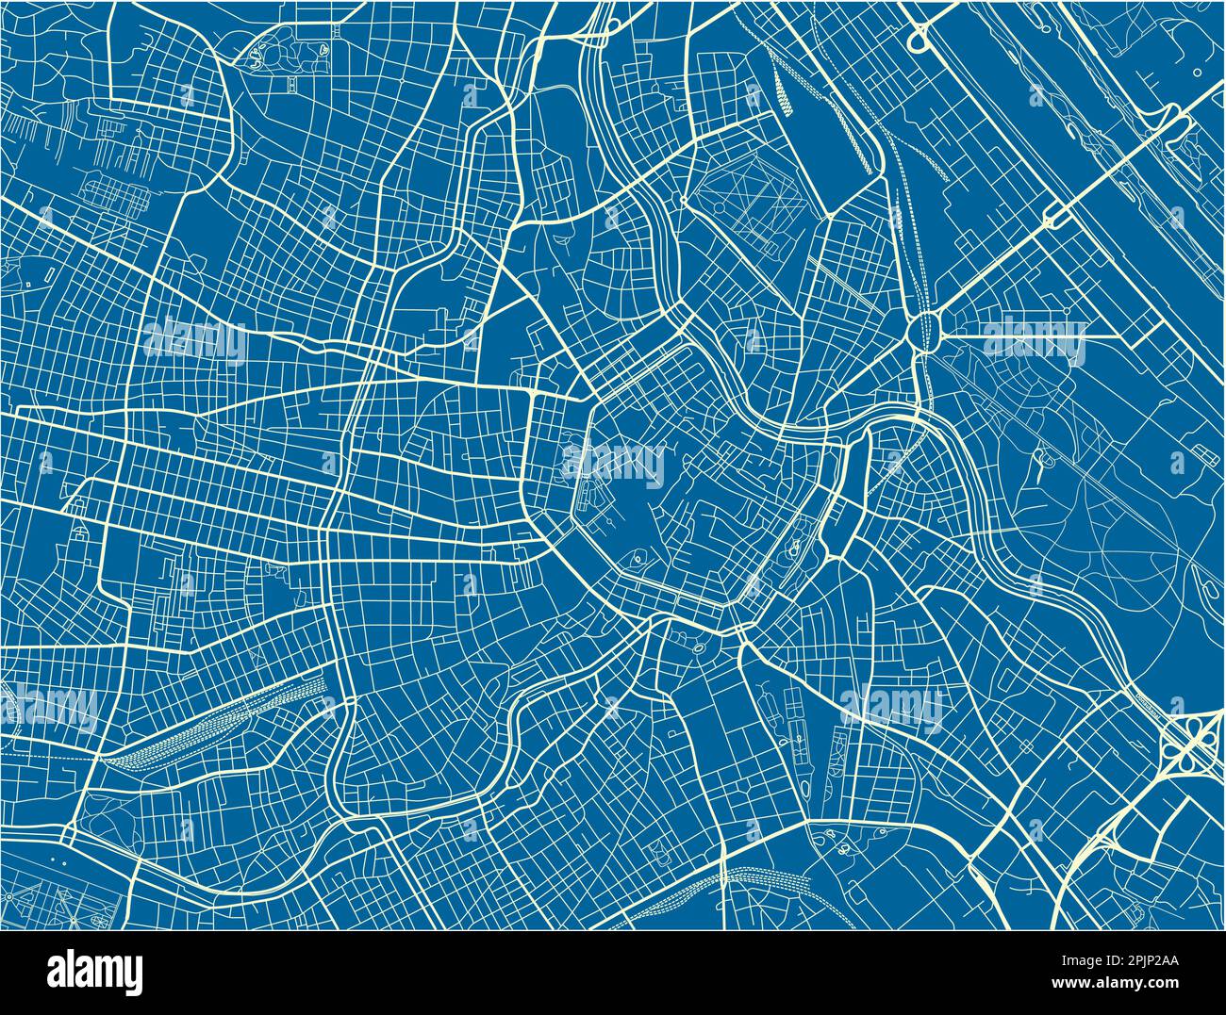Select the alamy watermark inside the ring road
point(613,462)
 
